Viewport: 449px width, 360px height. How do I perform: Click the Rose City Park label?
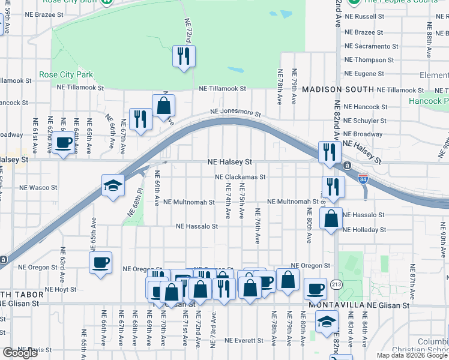(x=66, y=74)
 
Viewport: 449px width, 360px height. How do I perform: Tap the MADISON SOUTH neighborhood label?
(x=338, y=89)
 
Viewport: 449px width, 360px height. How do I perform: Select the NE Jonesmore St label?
(x=235, y=112)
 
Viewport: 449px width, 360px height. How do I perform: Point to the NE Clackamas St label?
(x=240, y=177)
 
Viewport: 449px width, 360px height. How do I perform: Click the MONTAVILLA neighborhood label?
(x=336, y=305)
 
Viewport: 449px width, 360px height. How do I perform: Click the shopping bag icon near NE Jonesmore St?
(x=163, y=106)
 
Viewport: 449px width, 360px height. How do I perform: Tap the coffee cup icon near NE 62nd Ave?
(x=63, y=143)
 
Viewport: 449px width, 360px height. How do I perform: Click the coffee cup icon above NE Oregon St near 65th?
(x=100, y=262)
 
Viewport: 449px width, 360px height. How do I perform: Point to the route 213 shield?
(x=337, y=283)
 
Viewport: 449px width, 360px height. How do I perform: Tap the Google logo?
(x=20, y=353)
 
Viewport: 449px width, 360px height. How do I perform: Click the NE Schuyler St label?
(x=366, y=121)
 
